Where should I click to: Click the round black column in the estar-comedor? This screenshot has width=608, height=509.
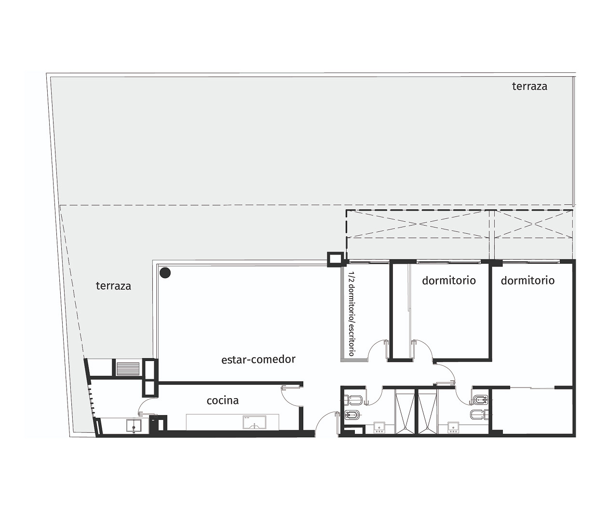click(165, 273)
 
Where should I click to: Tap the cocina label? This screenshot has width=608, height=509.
click(222, 401)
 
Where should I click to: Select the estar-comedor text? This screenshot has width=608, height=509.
click(258, 360)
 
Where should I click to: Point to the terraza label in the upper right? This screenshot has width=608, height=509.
click(529, 86)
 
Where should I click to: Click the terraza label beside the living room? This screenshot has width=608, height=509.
click(113, 286)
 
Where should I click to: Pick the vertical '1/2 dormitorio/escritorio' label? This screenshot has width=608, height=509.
click(351, 314)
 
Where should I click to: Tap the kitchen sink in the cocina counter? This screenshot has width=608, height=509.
click(255, 423)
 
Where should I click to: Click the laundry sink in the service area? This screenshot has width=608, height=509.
click(134, 426)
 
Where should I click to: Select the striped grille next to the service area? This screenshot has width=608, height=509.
click(128, 369)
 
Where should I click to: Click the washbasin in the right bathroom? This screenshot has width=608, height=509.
click(453, 427)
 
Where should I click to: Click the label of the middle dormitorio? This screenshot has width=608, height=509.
click(449, 281)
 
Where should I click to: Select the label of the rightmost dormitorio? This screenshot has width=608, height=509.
click(527, 281)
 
